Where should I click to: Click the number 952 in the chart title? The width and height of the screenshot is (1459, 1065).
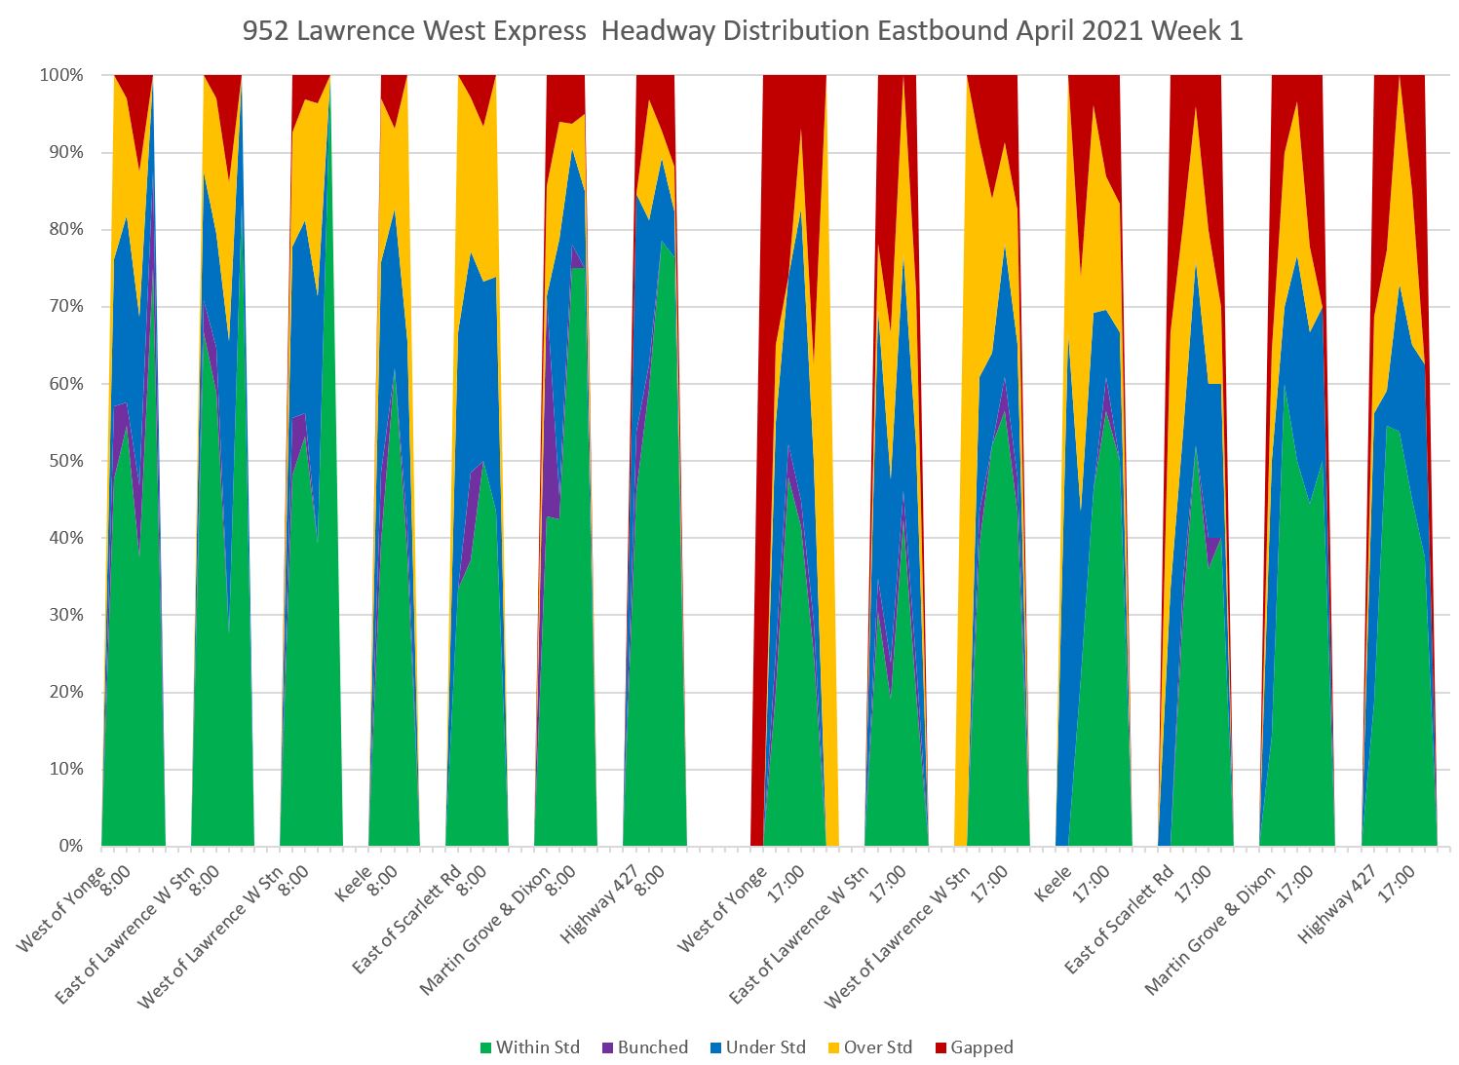point(265,31)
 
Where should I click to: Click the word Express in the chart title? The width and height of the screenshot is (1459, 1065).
point(543,31)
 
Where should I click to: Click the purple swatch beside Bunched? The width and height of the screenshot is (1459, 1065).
point(609,1048)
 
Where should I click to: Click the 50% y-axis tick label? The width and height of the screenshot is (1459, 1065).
point(66,461)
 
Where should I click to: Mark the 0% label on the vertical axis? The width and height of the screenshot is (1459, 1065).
point(70,846)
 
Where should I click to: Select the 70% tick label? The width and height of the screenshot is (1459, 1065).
point(66,307)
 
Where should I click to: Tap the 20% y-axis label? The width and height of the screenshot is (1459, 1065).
point(66,692)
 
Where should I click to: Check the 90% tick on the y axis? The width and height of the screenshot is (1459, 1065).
point(66,153)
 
